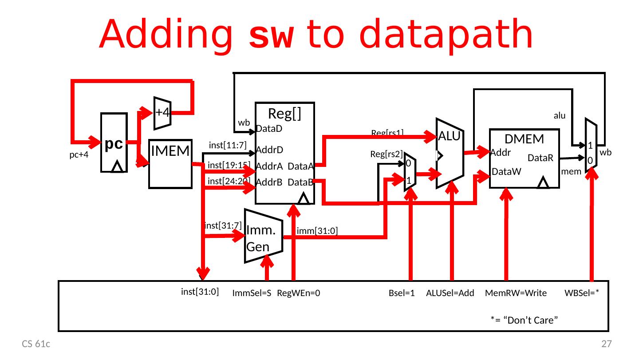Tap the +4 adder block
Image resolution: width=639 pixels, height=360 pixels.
(162, 113)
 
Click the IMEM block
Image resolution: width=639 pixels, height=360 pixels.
(170, 164)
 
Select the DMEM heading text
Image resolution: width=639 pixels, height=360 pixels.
(525, 139)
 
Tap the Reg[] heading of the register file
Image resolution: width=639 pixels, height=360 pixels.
(285, 114)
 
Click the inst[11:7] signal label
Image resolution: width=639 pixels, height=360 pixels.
(227, 144)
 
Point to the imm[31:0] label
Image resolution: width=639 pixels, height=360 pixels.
(318, 231)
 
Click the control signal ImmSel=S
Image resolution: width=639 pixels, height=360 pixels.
(251, 293)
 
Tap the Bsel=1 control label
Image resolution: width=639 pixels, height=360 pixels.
(401, 293)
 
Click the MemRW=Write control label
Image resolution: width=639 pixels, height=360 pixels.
(516, 293)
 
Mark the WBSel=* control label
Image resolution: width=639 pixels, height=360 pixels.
(582, 293)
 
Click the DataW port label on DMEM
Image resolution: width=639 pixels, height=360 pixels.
(506, 184)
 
